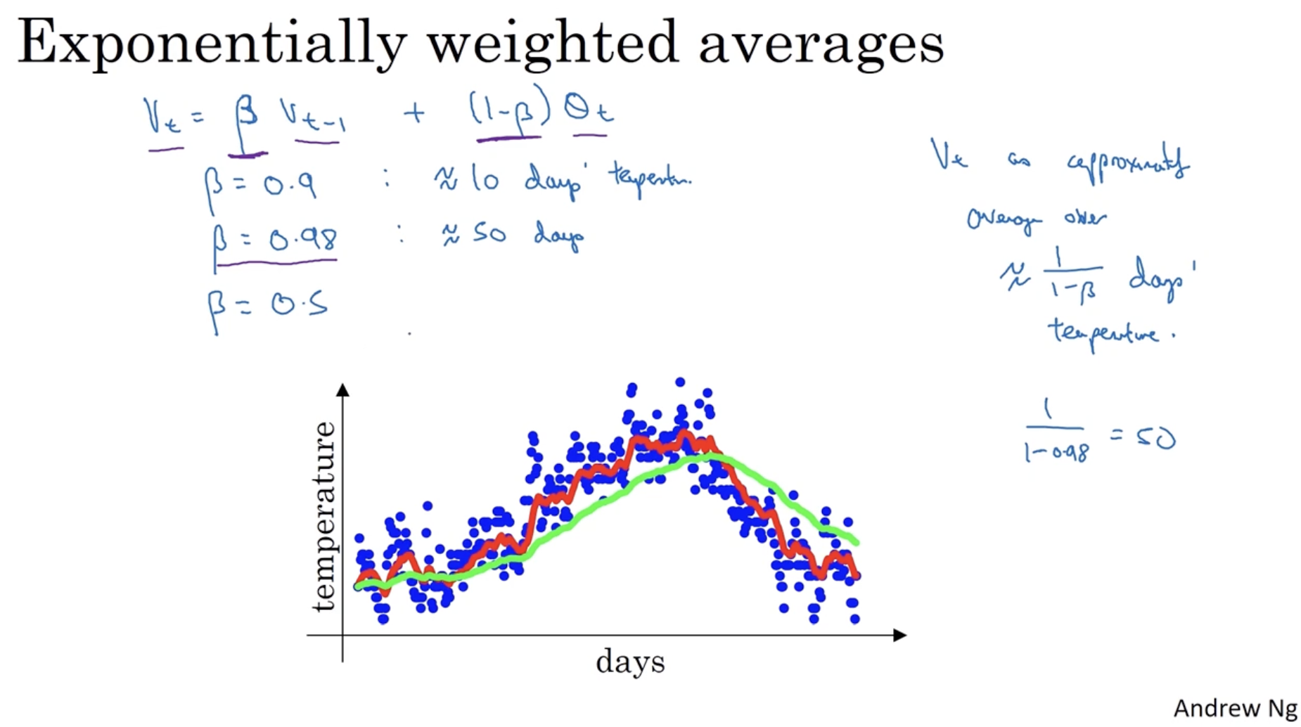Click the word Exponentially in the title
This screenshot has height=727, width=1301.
pyautogui.click(x=211, y=44)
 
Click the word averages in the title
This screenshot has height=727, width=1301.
pyautogui.click(x=821, y=45)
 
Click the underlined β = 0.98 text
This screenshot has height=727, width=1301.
pyautogui.click(x=275, y=241)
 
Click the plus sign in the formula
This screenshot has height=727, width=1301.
pyautogui.click(x=414, y=112)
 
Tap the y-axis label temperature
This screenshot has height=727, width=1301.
pyautogui.click(x=323, y=517)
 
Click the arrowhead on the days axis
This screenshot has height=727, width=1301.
pyautogui.click(x=899, y=635)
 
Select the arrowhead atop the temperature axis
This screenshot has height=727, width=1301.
pyautogui.click(x=343, y=390)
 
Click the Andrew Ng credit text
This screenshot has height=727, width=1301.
pyautogui.click(x=1235, y=708)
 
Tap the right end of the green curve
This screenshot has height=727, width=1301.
pyautogui.click(x=855, y=541)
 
